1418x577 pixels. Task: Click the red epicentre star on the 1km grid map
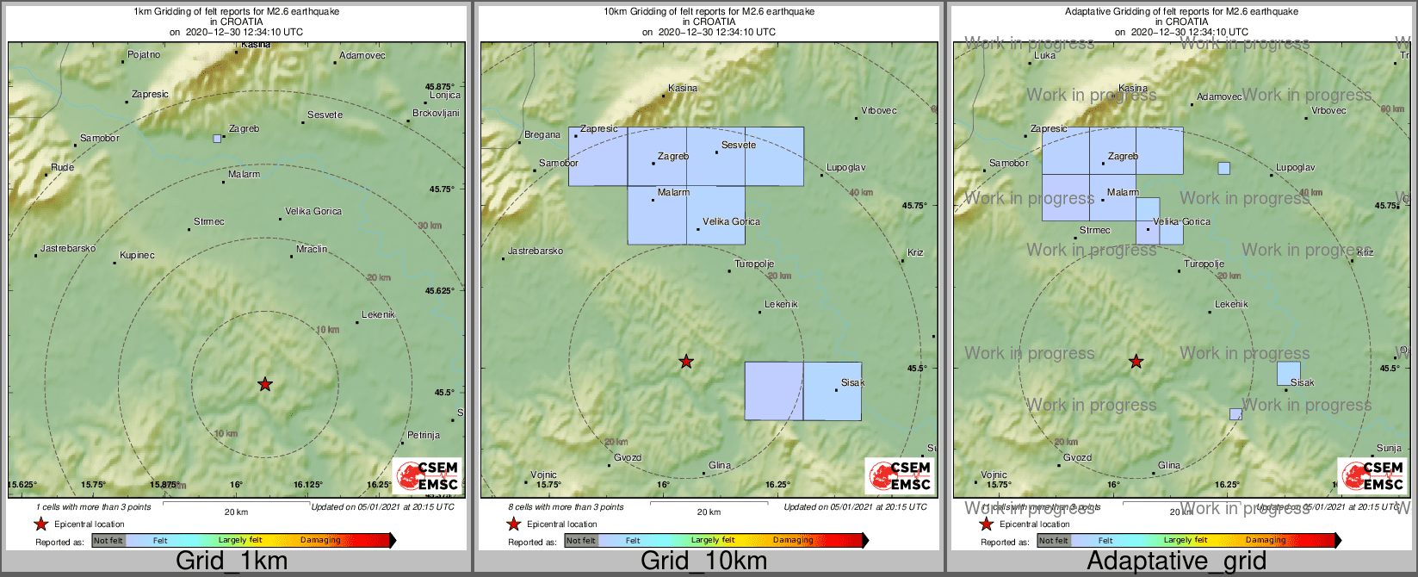click(265, 384)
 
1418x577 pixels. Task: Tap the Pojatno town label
click(144, 55)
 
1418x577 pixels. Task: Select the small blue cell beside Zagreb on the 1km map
click(217, 138)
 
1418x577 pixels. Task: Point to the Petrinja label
click(424, 436)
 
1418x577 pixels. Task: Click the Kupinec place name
click(137, 256)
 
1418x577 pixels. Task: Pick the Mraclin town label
click(312, 250)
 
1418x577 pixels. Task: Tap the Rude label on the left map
click(63, 168)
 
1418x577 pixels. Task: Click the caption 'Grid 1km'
click(232, 561)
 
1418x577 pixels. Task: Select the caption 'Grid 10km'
click(703, 561)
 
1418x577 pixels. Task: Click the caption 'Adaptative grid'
click(1176, 561)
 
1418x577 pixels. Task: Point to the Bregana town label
click(542, 135)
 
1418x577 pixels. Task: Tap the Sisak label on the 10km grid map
click(852, 383)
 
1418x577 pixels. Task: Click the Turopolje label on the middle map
click(754, 264)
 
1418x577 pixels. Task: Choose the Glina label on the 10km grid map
click(720, 466)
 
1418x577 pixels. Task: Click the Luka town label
click(1044, 56)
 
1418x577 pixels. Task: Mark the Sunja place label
click(1389, 449)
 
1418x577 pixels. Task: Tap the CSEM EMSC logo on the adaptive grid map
click(1371, 475)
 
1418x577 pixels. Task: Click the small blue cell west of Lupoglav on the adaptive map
click(1223, 168)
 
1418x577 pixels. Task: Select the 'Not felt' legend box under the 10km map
click(581, 541)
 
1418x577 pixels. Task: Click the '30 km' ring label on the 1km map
click(430, 226)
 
